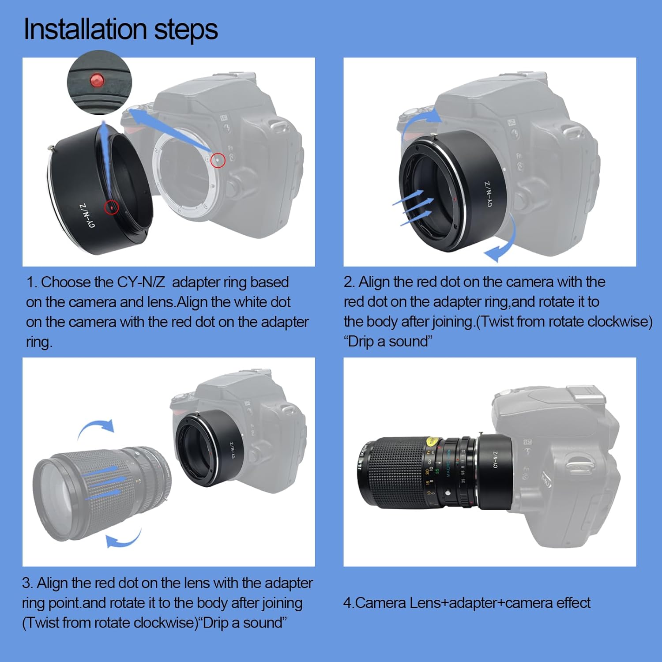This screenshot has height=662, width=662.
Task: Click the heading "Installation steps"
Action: (120, 30)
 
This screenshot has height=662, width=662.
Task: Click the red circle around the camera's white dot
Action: (218, 160)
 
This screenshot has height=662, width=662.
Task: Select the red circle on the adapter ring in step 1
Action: (112, 207)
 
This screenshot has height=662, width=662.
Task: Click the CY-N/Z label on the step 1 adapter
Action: (86, 216)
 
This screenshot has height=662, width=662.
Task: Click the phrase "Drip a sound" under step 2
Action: (388, 342)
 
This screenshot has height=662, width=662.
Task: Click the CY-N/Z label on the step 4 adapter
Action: (496, 459)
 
